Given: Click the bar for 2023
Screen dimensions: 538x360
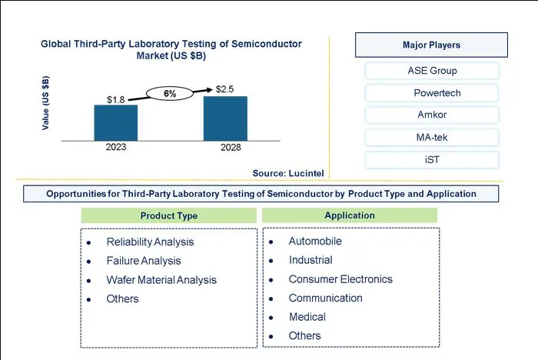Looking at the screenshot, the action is [116, 122].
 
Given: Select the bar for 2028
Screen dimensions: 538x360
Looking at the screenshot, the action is [225, 118].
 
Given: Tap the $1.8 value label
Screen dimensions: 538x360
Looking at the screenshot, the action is [115, 100].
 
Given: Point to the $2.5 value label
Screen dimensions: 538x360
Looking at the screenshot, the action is [224, 89].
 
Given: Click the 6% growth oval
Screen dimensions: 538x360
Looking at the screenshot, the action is [170, 93].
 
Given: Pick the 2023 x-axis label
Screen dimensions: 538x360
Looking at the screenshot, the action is [116, 147].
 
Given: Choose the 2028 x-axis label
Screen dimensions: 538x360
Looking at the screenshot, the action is [231, 148].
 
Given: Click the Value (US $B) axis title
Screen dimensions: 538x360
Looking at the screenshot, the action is [45, 103].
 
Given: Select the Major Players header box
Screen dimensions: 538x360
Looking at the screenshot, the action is [431, 45].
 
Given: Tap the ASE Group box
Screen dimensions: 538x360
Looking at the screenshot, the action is [432, 71].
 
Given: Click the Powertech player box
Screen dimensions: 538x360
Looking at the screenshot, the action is [432, 93].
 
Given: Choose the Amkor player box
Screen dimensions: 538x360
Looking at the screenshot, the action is [432, 115].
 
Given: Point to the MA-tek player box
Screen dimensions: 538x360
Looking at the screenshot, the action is [432, 138].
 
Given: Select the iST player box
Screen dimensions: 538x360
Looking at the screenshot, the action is [432, 160].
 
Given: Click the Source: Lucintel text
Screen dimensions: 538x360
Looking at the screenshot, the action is [288, 173].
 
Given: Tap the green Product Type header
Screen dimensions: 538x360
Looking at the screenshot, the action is [169, 215].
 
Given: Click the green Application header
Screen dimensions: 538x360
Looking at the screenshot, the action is [350, 215].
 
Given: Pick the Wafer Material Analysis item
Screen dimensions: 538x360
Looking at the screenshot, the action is [161, 280].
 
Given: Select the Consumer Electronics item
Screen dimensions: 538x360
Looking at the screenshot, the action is [340, 279].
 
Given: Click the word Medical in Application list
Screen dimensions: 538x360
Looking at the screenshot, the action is [307, 317].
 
